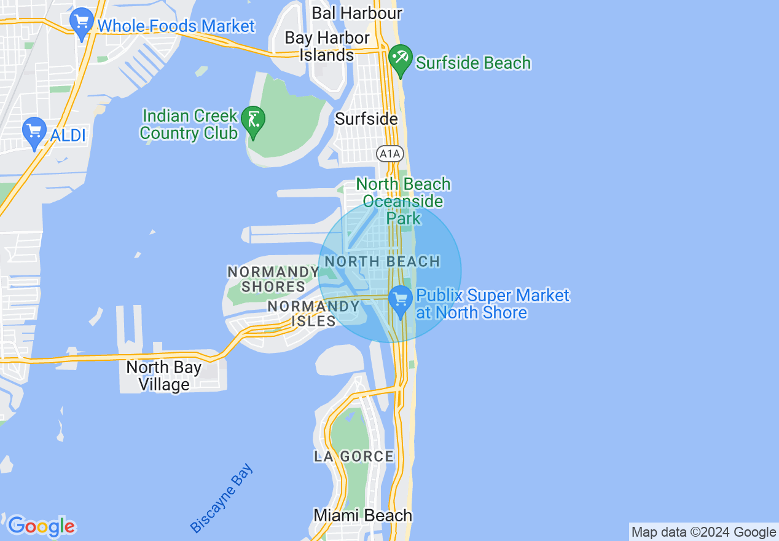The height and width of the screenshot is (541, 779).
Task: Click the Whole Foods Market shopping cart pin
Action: click(82, 23)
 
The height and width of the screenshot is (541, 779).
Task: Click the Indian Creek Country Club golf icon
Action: click(253, 120)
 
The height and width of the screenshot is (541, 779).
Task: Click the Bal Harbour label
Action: click(357, 13)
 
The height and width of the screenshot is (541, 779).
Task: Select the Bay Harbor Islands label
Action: click(327, 46)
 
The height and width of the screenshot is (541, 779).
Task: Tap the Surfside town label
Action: click(366, 119)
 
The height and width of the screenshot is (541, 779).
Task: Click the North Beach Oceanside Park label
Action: click(403, 201)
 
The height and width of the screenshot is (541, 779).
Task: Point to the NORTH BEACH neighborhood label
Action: click(382, 262)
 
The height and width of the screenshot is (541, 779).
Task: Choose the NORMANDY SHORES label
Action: click(273, 279)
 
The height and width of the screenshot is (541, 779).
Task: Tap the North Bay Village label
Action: click(163, 376)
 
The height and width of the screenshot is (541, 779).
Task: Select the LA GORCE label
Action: click(354, 457)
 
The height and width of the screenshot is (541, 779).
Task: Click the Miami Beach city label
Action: click(362, 515)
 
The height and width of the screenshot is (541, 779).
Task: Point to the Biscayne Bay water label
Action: click(221, 499)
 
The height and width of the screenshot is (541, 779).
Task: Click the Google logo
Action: click(41, 526)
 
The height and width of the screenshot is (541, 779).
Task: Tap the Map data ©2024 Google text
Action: click(704, 532)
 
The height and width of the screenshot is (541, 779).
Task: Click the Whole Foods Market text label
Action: click(176, 26)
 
